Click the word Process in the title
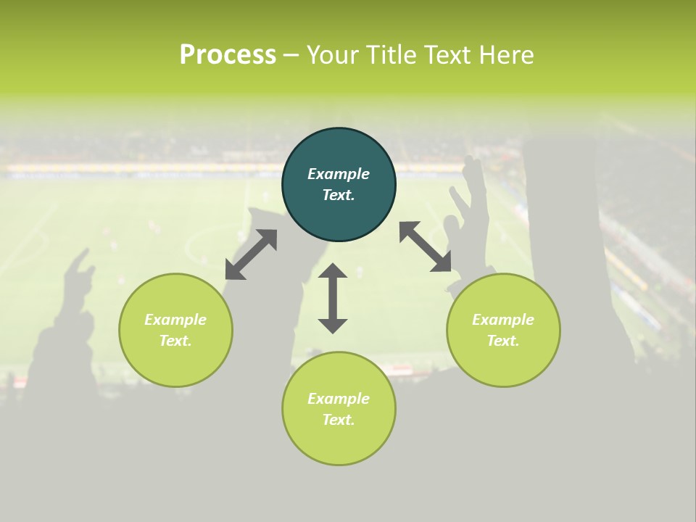(228, 55)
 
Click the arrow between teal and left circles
(251, 254)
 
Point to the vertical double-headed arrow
(333, 299)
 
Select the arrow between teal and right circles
(426, 246)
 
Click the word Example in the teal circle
(339, 174)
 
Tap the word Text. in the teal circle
(339, 195)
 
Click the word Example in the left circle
(175, 320)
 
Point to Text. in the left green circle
(175, 341)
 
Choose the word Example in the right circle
(503, 320)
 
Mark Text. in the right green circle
(503, 341)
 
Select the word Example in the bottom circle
(339, 399)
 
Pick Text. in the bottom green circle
(339, 420)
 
